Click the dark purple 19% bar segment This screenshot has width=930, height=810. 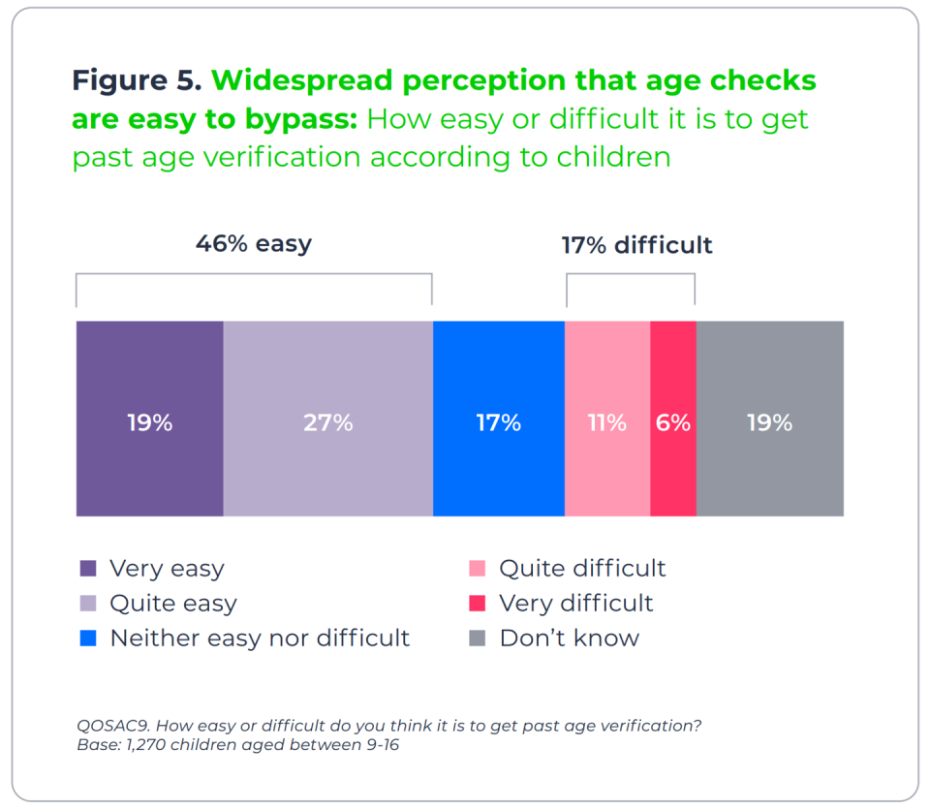pyautogui.click(x=150, y=419)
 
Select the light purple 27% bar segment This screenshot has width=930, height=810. pyautogui.click(x=328, y=419)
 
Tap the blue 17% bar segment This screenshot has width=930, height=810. pyautogui.click(x=499, y=419)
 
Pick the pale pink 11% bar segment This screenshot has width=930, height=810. pyautogui.click(x=607, y=419)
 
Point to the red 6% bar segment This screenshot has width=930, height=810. pyautogui.click(x=673, y=419)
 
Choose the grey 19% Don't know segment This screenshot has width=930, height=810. pyautogui.click(x=770, y=419)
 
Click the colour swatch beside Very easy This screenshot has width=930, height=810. pyautogui.click(x=88, y=568)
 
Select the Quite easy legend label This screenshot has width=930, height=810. pyautogui.click(x=173, y=604)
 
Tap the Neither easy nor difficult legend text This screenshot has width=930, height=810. pyautogui.click(x=260, y=638)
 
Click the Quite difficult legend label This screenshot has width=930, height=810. pyautogui.click(x=582, y=569)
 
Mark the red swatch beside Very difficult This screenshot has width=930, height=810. pyautogui.click(x=477, y=603)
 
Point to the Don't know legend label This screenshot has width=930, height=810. pyautogui.click(x=570, y=638)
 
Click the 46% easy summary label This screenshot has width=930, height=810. pyautogui.click(x=254, y=243)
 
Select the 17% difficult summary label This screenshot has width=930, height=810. pyautogui.click(x=637, y=244)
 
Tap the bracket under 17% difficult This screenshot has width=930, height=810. pyautogui.click(x=631, y=274)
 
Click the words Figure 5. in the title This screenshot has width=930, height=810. pyautogui.click(x=137, y=80)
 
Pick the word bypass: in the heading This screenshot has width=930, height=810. pyautogui.click(x=301, y=120)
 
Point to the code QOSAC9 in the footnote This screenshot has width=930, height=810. pyautogui.click(x=114, y=726)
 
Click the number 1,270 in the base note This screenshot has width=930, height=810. pyautogui.click(x=146, y=745)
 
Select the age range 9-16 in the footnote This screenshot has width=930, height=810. pyautogui.click(x=383, y=745)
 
